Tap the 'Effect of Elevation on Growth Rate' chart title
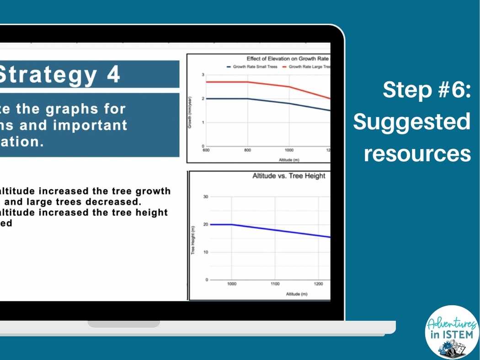(288, 59)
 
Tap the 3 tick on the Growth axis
(203, 75)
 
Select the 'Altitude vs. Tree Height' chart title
(289, 176)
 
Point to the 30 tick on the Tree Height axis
(205, 197)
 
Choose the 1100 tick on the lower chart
(274, 284)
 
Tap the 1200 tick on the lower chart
(318, 284)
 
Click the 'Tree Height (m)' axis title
(193, 241)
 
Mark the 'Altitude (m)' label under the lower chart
(296, 294)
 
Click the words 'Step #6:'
(426, 90)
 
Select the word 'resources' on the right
(417, 154)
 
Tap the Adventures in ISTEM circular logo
(452, 332)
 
